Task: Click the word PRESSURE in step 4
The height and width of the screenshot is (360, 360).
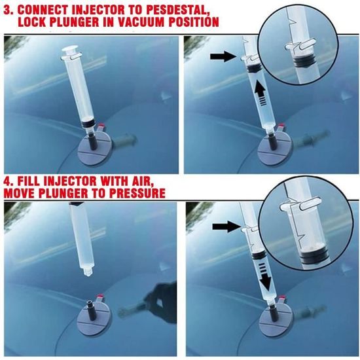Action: (137, 193)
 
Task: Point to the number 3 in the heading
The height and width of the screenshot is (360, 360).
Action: (8, 10)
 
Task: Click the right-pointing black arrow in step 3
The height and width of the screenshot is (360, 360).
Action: (223, 56)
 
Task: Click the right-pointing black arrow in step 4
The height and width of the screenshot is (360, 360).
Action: (226, 227)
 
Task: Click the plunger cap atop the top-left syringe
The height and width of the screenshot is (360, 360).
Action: (70, 51)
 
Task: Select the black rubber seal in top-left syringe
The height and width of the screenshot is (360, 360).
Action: (88, 122)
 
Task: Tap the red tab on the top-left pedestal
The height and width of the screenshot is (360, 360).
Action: (101, 126)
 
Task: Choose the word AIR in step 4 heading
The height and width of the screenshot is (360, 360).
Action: (143, 181)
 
